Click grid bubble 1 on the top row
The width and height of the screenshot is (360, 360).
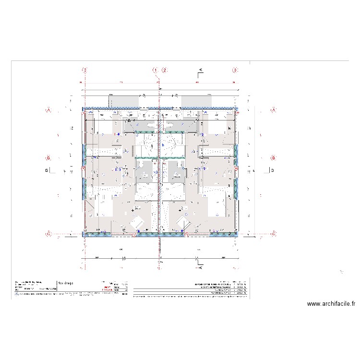point(156,70)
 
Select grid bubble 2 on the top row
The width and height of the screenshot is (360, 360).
point(165,70)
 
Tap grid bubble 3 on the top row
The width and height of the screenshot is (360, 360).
point(235,70)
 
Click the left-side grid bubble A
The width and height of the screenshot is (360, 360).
point(48,110)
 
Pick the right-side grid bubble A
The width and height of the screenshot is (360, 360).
point(274,110)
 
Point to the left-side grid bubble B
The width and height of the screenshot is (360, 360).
point(48,157)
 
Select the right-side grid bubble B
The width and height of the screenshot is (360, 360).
point(274,157)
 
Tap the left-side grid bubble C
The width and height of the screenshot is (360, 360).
point(48,234)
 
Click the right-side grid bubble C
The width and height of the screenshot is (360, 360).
point(274,234)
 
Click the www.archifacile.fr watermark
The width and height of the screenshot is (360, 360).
point(331,304)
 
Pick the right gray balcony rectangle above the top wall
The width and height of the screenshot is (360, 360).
point(196,101)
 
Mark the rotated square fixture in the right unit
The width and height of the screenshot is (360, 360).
point(183,222)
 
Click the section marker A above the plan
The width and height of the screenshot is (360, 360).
point(201,71)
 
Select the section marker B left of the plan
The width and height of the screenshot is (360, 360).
point(48,170)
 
